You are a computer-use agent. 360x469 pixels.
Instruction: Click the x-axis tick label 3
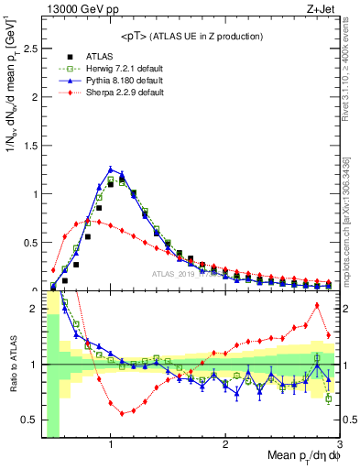pyautogui.click(x=339, y=442)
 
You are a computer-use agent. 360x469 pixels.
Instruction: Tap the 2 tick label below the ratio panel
pyautogui.click(x=225, y=442)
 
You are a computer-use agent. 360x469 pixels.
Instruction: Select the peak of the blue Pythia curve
pyautogui.click(x=111, y=169)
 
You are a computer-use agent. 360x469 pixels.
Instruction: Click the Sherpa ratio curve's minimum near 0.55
pyautogui.click(x=122, y=413)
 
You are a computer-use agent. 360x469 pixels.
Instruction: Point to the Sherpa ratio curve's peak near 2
pyautogui.click(x=317, y=305)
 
